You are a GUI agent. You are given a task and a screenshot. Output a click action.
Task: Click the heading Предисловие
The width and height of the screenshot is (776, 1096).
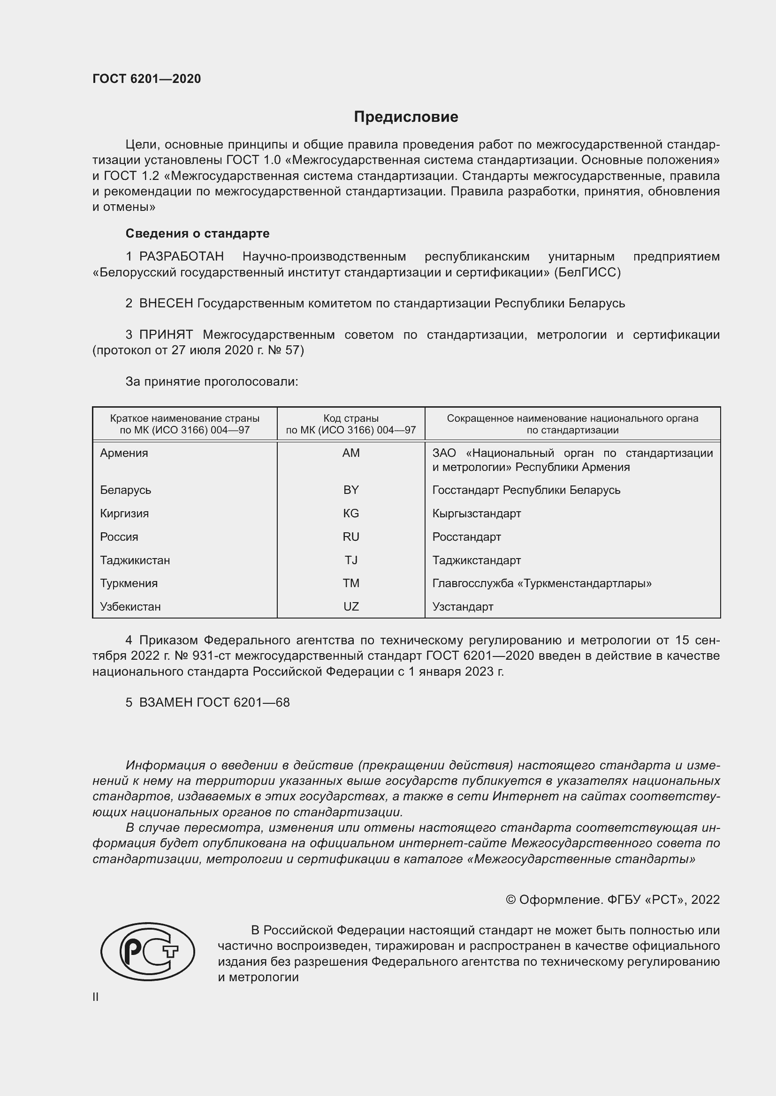[x=406, y=117]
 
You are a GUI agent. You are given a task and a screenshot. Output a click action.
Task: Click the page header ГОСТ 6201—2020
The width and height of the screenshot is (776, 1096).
[x=147, y=79]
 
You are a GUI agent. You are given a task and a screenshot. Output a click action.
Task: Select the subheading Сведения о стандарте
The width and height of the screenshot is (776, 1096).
[x=198, y=233]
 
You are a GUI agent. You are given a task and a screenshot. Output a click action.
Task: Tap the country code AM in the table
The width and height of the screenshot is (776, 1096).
[x=351, y=453]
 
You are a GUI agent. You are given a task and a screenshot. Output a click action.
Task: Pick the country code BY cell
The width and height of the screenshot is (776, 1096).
[x=351, y=490]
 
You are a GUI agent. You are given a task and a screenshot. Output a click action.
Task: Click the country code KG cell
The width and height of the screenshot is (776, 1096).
[x=351, y=513]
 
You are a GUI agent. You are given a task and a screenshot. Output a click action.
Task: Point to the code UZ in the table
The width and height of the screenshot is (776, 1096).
[x=351, y=606]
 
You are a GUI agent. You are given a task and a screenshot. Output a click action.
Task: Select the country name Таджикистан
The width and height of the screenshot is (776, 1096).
[x=135, y=560]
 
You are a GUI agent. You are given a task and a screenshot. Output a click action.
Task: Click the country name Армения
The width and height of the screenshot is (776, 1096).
[x=124, y=453]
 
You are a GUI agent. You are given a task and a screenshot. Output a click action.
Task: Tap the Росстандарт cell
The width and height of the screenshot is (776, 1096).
[x=466, y=537]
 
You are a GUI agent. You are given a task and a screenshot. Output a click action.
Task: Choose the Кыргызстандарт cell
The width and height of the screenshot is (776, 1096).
[x=476, y=513]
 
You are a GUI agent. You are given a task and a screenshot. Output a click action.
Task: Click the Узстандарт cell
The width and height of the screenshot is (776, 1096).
[x=463, y=606]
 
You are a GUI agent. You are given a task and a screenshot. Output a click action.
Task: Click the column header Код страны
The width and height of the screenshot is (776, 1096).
[x=351, y=418]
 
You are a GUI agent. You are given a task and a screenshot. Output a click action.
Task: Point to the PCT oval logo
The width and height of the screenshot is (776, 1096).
[x=148, y=951]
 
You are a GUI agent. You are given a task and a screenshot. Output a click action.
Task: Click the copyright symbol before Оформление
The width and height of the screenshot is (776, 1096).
[x=510, y=900]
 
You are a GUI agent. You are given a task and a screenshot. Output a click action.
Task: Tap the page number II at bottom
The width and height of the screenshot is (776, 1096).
[x=96, y=997]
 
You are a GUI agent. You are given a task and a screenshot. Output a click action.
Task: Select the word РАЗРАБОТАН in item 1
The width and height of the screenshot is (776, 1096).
[x=181, y=257]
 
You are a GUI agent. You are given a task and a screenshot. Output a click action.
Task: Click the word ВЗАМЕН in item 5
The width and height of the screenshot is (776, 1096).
[x=166, y=702]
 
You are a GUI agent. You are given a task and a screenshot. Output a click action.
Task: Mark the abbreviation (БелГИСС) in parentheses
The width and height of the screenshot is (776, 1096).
[x=587, y=273]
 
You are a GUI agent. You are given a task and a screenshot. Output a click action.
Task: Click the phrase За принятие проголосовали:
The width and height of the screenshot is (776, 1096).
[x=212, y=381]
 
